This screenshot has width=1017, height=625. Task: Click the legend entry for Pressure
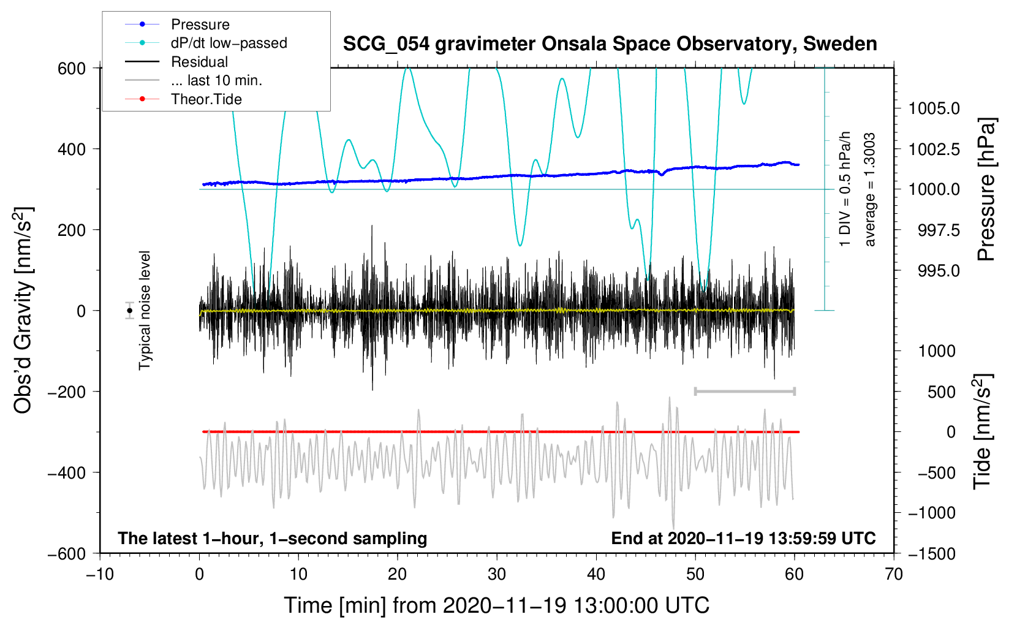178,24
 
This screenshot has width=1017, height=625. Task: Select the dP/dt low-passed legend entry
206,43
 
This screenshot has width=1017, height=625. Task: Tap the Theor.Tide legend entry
183,99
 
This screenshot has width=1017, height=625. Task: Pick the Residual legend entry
176,62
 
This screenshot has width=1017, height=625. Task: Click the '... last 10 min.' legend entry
194,80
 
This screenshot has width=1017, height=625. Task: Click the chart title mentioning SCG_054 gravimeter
610,44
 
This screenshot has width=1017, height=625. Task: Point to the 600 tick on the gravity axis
72,69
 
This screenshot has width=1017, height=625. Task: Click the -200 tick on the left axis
67,392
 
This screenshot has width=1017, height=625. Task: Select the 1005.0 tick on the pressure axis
934,108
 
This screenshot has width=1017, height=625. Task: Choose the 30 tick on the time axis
497,575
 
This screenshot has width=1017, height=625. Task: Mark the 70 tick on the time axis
894,575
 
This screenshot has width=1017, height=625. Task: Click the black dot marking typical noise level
130,311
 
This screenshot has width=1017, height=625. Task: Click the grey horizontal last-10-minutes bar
744,391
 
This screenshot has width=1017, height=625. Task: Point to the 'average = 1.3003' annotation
869,190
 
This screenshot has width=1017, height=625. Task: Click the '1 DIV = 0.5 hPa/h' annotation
844,189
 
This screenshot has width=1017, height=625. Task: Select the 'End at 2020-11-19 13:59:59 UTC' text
743,538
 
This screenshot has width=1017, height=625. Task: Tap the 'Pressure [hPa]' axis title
986,189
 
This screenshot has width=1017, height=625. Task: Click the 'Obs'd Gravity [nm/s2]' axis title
23,310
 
